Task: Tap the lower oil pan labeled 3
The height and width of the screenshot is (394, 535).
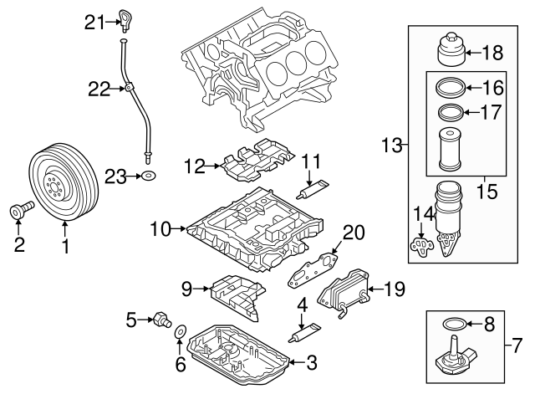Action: (242, 356)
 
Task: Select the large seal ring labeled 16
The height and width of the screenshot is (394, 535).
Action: (451, 88)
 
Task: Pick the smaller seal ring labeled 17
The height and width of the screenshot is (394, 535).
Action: (451, 112)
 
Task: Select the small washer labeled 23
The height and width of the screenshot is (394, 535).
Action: (148, 176)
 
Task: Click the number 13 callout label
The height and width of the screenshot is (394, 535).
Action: (390, 146)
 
